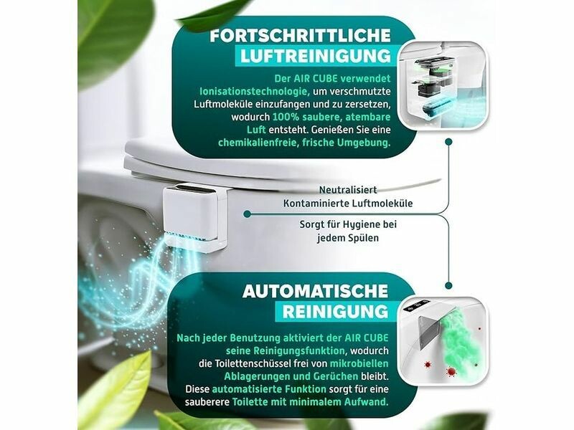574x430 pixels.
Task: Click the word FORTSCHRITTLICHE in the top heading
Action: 300,36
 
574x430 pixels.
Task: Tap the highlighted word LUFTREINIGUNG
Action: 316,56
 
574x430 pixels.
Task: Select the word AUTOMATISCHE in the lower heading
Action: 315,291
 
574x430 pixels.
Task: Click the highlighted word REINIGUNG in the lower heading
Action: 335,312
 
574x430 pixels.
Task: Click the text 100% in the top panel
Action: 282,117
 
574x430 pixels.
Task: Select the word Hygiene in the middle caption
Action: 359,224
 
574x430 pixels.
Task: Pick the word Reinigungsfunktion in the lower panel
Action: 285,350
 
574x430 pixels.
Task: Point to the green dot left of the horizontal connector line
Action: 247,214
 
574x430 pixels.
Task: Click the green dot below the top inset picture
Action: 448,141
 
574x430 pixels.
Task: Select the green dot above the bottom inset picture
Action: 448,285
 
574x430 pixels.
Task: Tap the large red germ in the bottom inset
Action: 451,372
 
